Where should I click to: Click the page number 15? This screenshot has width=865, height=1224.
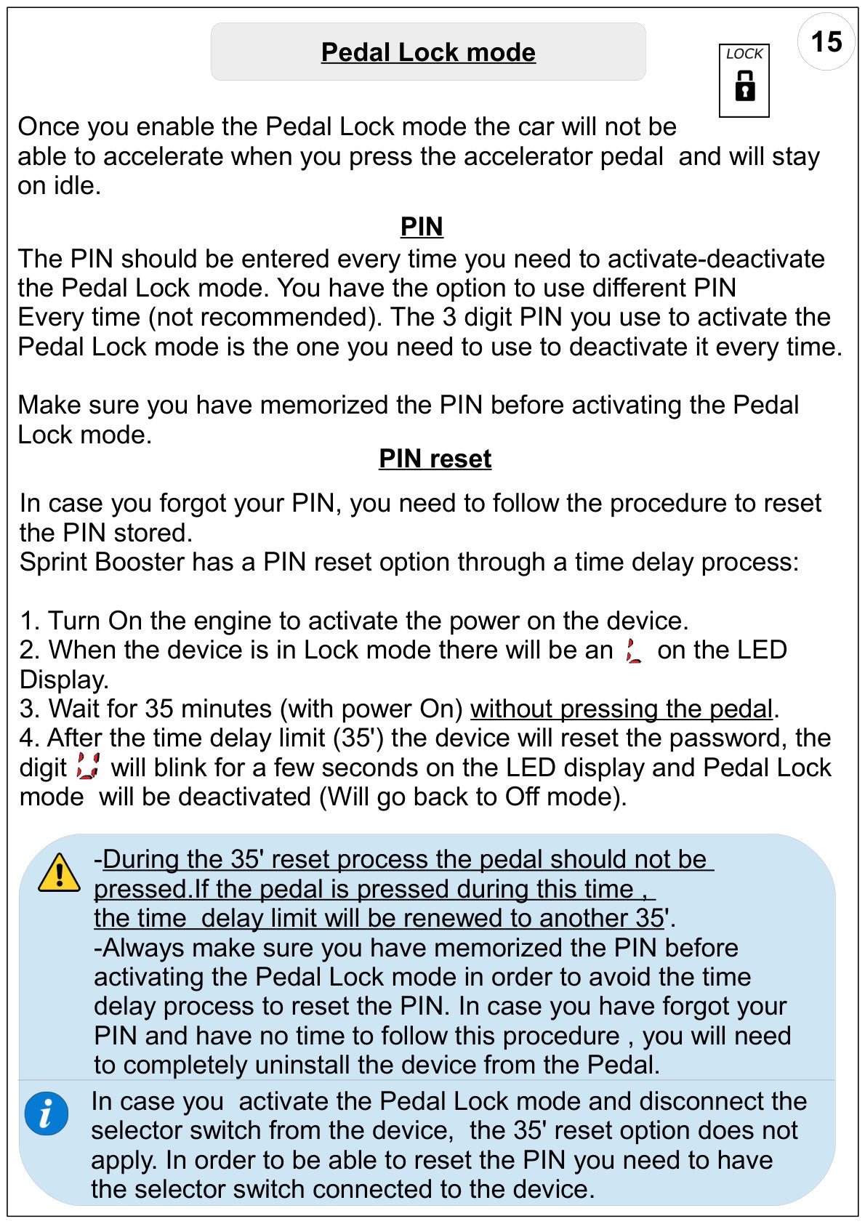(x=826, y=41)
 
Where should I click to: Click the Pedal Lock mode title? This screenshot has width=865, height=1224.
(x=428, y=52)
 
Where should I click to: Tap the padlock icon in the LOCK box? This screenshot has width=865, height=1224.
(x=744, y=86)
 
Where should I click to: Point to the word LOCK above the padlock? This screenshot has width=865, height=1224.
(x=744, y=54)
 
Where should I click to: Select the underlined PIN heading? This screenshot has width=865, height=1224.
(x=422, y=226)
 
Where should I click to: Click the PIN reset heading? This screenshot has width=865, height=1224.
(x=435, y=459)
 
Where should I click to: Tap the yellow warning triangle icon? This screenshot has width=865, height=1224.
(x=59, y=873)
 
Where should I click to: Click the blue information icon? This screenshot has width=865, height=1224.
(x=47, y=1114)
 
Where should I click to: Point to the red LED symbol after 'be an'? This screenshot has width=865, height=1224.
(x=634, y=651)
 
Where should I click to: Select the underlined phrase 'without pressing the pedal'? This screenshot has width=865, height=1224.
(x=621, y=709)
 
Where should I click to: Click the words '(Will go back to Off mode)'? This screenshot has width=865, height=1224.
(x=472, y=797)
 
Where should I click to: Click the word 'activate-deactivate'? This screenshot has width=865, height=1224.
(x=716, y=259)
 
